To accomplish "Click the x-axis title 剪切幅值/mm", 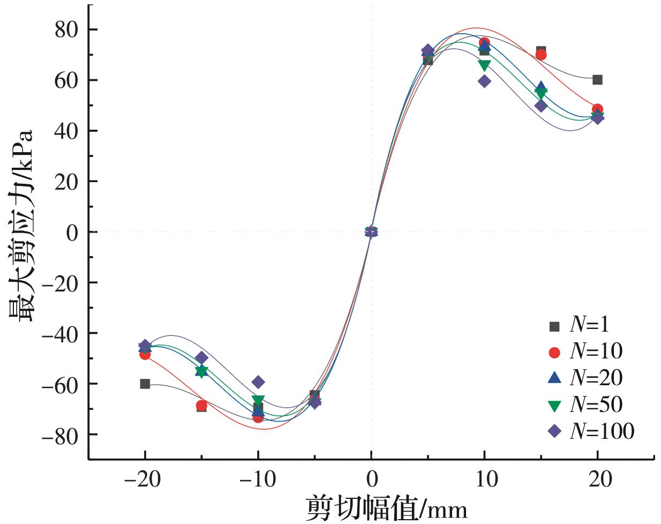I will coord(386,508).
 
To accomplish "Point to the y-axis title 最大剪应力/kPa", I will coord(21,225).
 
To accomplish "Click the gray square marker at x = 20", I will coord(597,80).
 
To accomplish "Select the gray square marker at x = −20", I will coord(145,384).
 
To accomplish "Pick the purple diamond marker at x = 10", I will coord(484,81).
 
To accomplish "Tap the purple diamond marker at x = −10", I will coord(258,382).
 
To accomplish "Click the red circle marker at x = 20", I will coord(597,109).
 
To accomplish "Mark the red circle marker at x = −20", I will coord(145,354).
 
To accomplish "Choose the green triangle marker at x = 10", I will coord(484,65).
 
